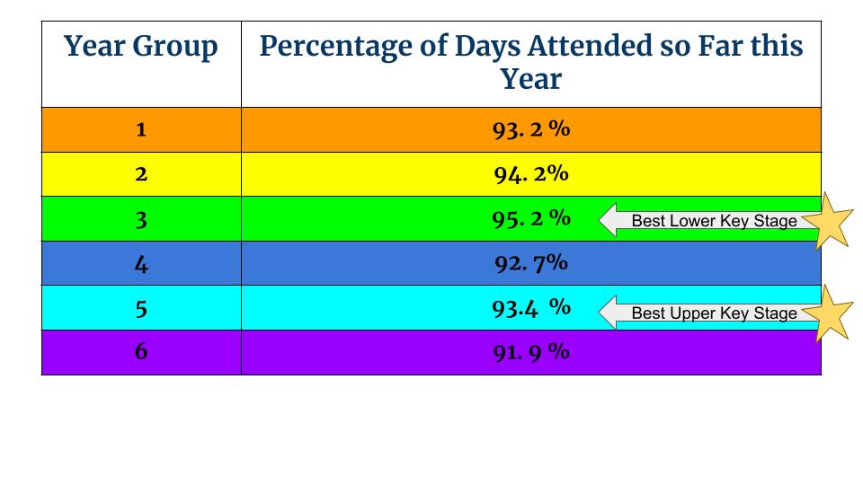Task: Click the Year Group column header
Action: [141, 47]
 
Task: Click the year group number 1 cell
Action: [141, 129]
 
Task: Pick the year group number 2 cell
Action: [141, 173]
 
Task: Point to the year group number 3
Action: [141, 218]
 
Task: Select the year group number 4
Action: [141, 263]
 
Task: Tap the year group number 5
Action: [141, 308]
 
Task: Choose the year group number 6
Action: [141, 351]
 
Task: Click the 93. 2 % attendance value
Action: [531, 129]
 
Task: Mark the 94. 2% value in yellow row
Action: [531, 173]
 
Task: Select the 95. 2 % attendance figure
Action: [531, 218]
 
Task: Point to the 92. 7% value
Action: [531, 263]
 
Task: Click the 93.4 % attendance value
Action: [531, 307]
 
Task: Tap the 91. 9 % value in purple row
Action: [531, 351]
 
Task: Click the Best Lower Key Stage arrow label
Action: [710, 221]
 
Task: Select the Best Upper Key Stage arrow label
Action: [710, 313]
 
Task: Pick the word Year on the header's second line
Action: [531, 79]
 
